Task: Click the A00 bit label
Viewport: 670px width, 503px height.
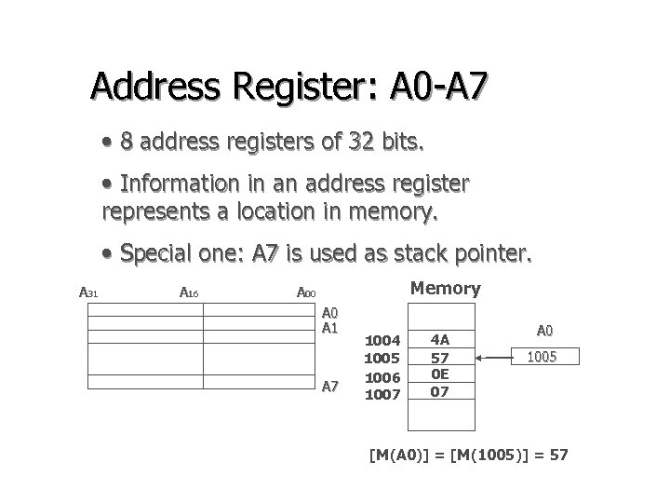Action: point(306,293)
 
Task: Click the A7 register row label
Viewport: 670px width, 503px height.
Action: point(330,387)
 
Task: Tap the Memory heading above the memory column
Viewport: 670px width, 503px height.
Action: point(445,289)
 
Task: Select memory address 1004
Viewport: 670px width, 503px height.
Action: point(382,341)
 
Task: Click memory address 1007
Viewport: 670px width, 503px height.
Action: point(382,394)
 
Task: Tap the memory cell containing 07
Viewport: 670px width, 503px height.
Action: point(440,392)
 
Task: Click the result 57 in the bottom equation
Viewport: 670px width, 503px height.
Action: point(556,455)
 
